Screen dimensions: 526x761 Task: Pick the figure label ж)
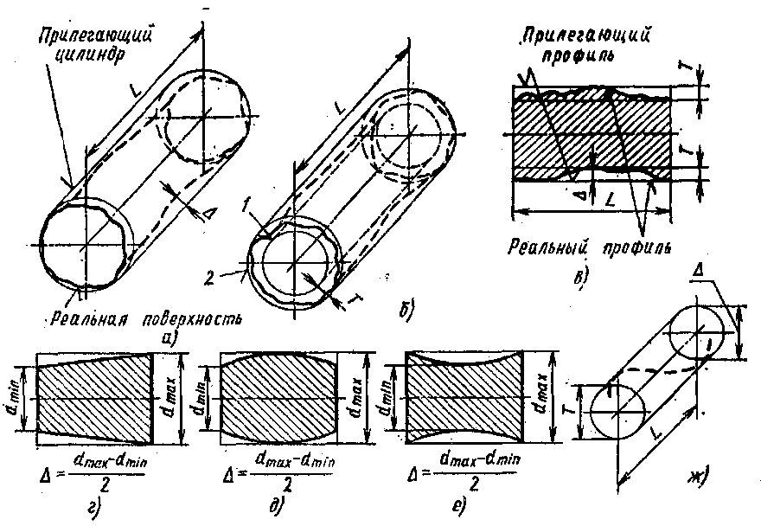696,474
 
